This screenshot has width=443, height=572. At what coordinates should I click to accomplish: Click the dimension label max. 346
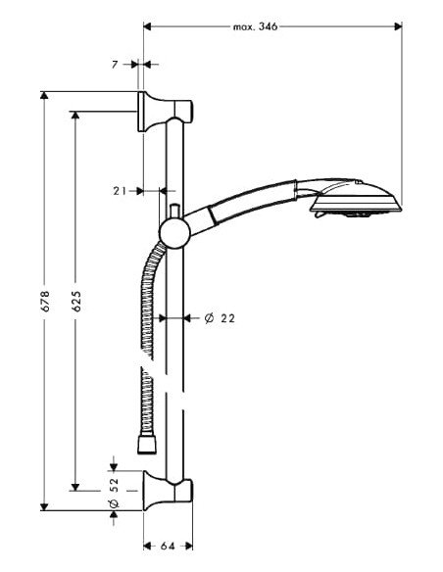[x=257, y=26]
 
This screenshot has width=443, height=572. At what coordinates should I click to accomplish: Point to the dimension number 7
[x=115, y=64]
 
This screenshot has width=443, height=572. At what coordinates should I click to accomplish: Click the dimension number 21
[x=121, y=191]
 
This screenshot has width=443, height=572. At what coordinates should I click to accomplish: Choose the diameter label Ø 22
[x=220, y=317]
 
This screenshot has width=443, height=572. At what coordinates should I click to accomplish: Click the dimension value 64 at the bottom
[x=168, y=547]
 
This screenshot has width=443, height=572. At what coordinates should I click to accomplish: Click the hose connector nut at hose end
[x=148, y=447]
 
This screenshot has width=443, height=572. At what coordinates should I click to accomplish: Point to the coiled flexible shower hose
[x=150, y=304]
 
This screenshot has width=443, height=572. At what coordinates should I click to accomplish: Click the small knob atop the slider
[x=173, y=211]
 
